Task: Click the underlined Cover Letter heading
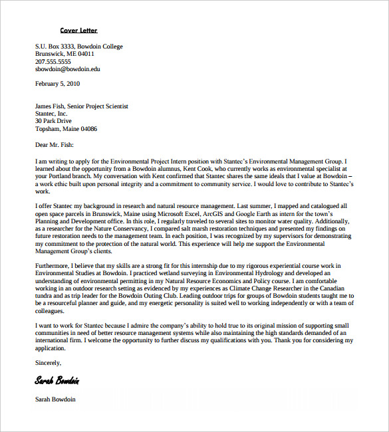[78, 31]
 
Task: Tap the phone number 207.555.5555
[53, 61]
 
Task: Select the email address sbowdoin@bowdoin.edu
[67, 68]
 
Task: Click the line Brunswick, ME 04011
[65, 54]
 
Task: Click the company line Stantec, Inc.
[51, 114]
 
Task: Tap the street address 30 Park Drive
[53, 121]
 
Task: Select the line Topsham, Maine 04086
[66, 129]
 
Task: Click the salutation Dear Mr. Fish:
[55, 144]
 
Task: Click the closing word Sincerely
[48, 363]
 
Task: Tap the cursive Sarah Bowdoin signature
[57, 381]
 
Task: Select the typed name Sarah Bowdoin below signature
[55, 399]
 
